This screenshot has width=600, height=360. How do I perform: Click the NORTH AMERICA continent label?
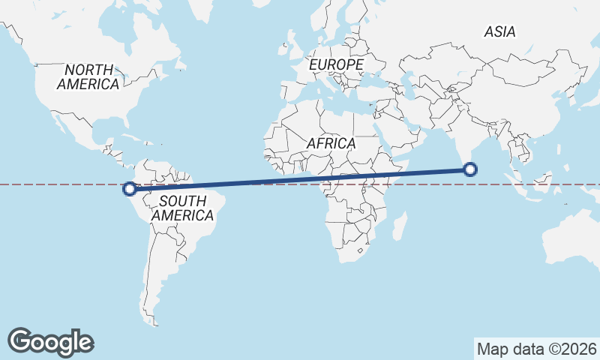(x=88, y=76)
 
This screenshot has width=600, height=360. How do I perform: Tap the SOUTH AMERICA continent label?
(x=182, y=208)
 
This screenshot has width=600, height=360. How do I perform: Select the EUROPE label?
(x=336, y=65)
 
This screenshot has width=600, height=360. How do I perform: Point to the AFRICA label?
(x=331, y=142)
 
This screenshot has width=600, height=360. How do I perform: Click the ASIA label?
(x=499, y=32)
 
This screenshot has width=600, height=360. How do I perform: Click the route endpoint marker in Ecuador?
(x=130, y=189)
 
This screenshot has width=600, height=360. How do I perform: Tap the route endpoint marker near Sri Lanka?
(x=470, y=169)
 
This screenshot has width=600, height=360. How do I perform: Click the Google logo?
(x=50, y=341)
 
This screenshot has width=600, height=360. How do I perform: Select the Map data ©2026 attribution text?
(x=537, y=349)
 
